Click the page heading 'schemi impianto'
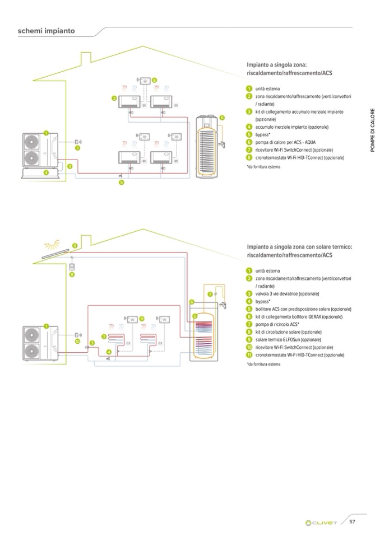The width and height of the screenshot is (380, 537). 47,31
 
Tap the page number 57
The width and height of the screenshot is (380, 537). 353,522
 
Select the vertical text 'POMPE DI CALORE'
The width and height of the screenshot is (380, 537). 372,134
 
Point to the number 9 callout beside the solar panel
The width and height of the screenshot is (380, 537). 75,245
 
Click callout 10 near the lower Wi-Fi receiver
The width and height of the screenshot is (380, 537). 77,340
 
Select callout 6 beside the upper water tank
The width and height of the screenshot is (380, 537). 222,118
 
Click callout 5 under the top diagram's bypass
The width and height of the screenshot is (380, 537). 122,183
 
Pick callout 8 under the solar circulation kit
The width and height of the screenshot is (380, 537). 72,275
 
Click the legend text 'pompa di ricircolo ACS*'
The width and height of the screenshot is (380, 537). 277,324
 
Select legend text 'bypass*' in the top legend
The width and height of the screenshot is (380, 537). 263,135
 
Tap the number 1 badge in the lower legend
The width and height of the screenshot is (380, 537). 248,271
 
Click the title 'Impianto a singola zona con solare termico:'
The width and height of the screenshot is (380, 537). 299,246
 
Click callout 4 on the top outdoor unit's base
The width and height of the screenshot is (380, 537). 46,172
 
